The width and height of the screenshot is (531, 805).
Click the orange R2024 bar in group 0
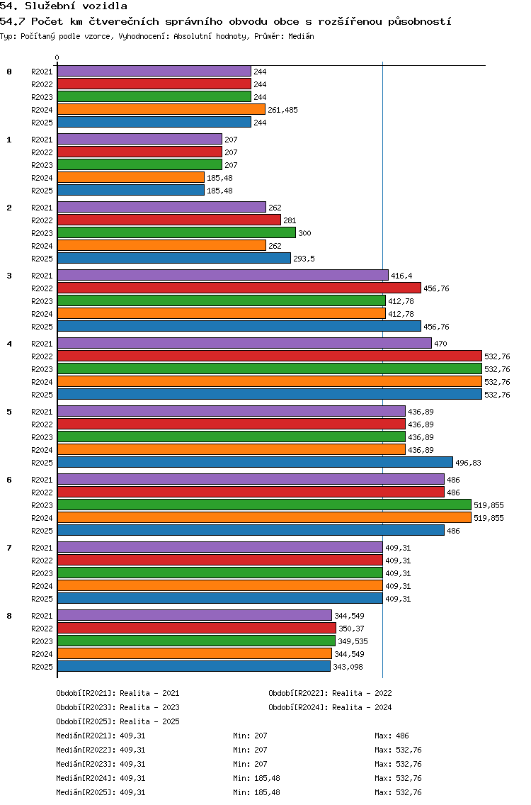coord(161,109)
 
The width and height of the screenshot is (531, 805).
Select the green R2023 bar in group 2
coord(176,232)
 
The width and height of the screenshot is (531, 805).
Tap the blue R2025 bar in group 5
coord(255,462)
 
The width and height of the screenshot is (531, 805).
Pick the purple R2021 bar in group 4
coord(244,343)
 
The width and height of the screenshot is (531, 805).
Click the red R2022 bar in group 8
coord(197,628)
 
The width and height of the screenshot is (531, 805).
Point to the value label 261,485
coord(282,110)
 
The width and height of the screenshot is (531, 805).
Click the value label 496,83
coord(469,463)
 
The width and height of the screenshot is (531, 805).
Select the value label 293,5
coord(304,259)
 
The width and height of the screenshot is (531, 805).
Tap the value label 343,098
coord(348,667)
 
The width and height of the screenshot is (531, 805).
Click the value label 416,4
coord(401,276)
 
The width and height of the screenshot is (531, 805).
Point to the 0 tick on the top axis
coord(57,57)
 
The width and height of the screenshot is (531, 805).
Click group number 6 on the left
coord(9,480)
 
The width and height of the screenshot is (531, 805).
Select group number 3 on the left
coord(9,276)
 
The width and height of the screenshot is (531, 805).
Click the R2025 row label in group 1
coord(42,191)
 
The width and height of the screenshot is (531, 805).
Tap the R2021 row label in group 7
coord(42,548)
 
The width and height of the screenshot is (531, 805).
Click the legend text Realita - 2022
coord(362,693)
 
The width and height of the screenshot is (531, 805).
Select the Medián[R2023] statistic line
coord(101,764)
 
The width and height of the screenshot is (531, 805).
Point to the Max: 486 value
coord(392,736)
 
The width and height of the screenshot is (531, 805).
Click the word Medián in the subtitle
coord(301,36)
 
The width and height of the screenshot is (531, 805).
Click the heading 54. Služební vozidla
coord(64,6)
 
